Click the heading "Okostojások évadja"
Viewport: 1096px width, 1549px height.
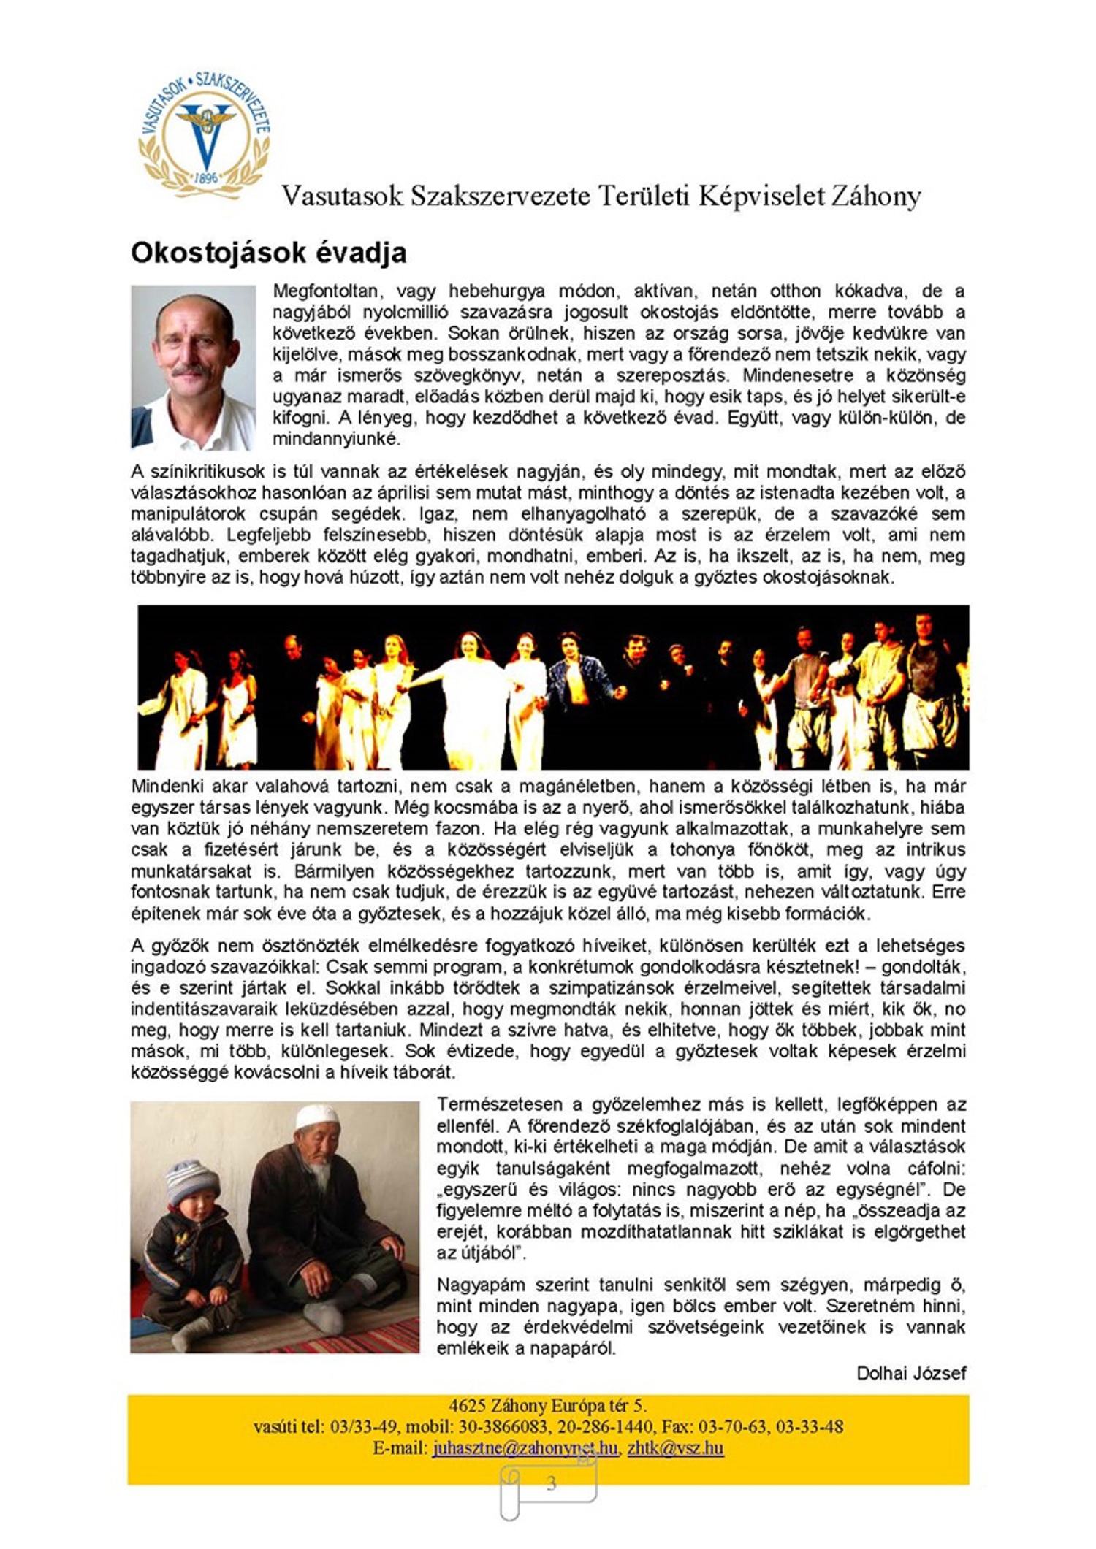click(x=268, y=253)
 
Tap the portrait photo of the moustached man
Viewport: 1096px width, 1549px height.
click(x=193, y=367)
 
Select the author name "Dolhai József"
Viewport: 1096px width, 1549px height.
click(x=910, y=1373)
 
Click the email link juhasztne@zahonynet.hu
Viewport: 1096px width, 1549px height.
click(x=525, y=1447)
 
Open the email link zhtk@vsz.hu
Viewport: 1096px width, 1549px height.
click(x=675, y=1447)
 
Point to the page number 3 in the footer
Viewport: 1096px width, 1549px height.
click(x=551, y=1483)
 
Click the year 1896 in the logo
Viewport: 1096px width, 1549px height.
click(x=208, y=178)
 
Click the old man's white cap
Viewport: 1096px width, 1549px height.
click(x=317, y=1116)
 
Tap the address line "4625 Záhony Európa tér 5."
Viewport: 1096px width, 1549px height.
click(x=547, y=1406)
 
